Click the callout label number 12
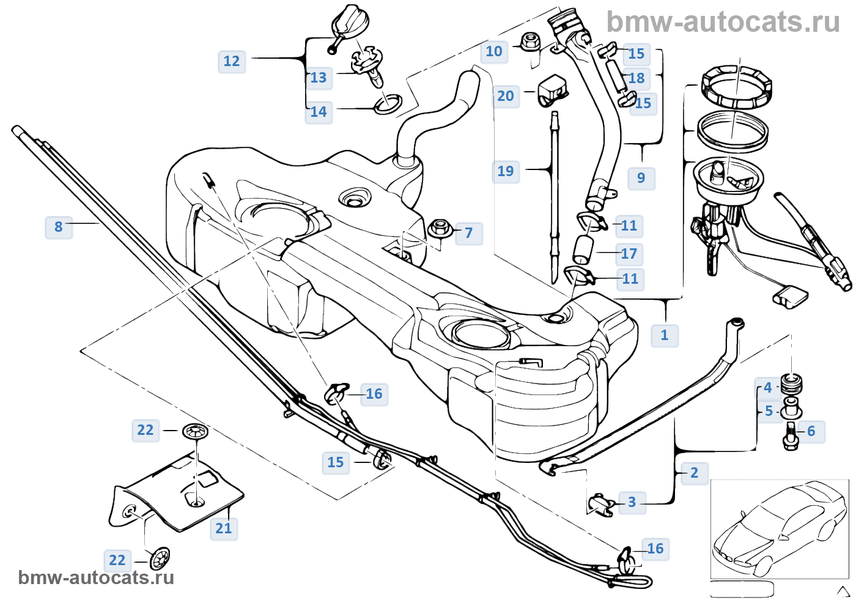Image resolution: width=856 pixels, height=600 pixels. (x=232, y=61)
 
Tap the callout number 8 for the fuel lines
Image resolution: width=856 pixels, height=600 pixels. (x=59, y=227)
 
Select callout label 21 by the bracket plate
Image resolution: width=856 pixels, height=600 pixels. (x=224, y=528)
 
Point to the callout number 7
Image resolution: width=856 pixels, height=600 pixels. (x=468, y=233)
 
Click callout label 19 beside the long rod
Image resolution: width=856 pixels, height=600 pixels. (x=506, y=171)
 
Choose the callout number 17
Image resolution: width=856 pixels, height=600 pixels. (x=629, y=254)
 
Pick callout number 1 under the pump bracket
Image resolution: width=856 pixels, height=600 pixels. (x=665, y=335)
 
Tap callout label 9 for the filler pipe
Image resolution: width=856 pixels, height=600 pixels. (x=641, y=178)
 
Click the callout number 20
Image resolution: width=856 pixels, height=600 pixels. (x=506, y=96)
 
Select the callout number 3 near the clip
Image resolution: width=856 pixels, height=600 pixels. (x=632, y=502)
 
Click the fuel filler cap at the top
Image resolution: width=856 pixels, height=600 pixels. (x=350, y=26)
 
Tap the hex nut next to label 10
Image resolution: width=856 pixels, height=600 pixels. (x=529, y=42)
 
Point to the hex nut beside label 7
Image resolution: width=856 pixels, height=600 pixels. (x=439, y=229)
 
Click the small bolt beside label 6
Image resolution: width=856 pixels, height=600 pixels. (x=791, y=435)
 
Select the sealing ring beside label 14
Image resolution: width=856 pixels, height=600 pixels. (x=387, y=105)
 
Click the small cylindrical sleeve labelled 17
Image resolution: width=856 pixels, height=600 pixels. (x=583, y=251)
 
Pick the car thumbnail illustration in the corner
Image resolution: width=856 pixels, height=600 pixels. (x=779, y=529)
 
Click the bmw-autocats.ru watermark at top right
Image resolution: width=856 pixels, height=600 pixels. (x=723, y=22)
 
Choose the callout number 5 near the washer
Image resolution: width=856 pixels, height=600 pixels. (x=769, y=411)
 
